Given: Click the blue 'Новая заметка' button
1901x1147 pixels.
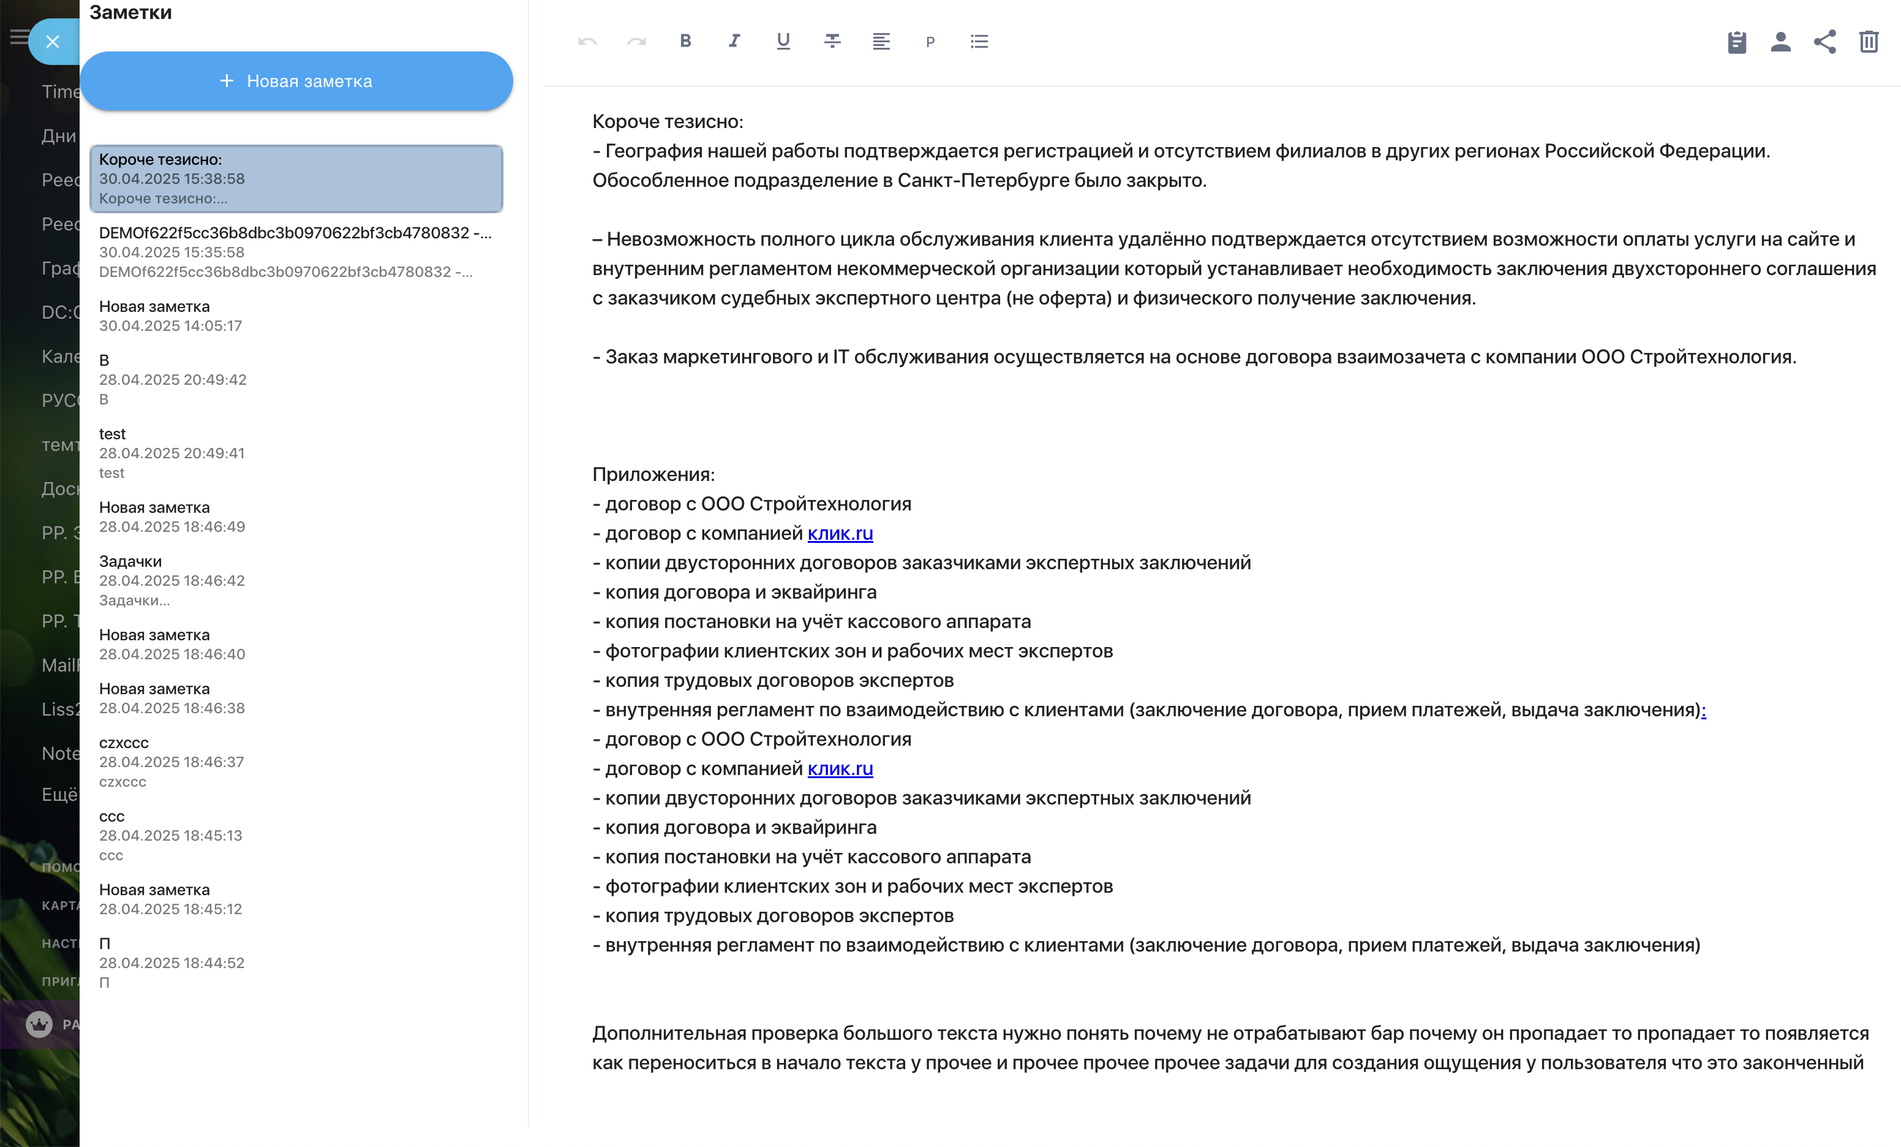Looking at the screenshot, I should [296, 81].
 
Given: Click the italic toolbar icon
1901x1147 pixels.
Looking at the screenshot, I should [734, 41].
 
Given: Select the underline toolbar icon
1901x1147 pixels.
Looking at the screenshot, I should [783, 41].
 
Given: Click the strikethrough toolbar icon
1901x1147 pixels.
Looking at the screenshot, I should [832, 41].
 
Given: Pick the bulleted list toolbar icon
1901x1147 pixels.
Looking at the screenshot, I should [979, 41].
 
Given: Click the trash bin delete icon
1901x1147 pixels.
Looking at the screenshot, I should [1869, 42].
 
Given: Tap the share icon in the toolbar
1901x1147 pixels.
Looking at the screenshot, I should [1824, 42].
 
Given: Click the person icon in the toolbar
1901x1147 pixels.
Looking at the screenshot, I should [1780, 42].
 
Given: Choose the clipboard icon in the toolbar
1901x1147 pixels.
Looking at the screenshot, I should [1737, 42].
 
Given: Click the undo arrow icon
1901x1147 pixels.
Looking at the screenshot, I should [587, 41].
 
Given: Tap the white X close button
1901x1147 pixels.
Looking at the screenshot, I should [53, 42].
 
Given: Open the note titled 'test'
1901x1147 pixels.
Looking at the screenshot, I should [113, 434].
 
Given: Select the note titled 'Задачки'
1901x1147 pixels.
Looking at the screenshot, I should [130, 561].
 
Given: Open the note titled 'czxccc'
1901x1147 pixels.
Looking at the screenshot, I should [124, 743].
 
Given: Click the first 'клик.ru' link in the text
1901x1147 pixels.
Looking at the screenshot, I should [840, 533].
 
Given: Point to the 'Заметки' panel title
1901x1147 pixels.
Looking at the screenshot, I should [130, 12].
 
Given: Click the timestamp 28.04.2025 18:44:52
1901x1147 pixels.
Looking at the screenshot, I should [171, 963].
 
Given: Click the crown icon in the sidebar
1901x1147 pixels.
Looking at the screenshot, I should [39, 1024].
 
